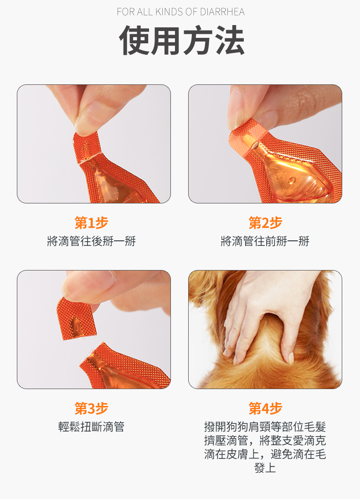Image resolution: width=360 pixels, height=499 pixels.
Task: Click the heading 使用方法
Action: coord(181,41)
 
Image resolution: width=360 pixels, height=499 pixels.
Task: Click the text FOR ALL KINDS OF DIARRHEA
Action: coord(180,11)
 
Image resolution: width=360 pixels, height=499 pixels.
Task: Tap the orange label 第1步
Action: coord(92,223)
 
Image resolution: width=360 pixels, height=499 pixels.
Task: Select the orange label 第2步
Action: coord(265,223)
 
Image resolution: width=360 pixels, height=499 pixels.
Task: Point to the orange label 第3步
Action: coord(92,408)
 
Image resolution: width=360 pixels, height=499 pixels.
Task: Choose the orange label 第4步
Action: coord(265,408)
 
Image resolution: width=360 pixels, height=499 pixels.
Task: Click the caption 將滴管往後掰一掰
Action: coord(92,241)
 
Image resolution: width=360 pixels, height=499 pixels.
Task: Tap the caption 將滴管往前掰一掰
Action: coord(265,241)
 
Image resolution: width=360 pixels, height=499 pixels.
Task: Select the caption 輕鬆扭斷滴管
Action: coord(92,427)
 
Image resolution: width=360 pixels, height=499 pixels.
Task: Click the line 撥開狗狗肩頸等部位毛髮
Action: coord(265,427)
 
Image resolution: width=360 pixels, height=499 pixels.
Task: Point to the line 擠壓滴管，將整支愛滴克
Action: coord(265,441)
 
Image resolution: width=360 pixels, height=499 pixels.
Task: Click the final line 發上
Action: coord(265,468)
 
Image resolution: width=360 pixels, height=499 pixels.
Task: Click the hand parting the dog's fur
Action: coord(264,310)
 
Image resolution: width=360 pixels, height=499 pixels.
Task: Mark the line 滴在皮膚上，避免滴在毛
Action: coord(265,454)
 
